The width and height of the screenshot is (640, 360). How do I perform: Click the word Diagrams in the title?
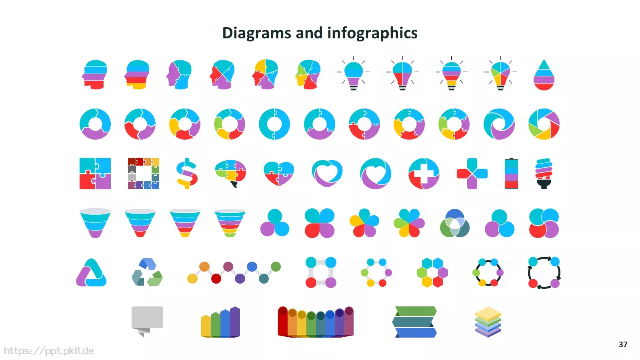[256, 33]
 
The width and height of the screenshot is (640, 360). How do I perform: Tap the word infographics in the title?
[372, 33]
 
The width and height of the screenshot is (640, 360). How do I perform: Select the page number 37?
[623, 344]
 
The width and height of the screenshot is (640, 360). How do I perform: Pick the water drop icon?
[544, 75]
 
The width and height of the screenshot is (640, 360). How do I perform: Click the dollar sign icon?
[186, 174]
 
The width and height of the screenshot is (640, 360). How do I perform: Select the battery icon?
[511, 174]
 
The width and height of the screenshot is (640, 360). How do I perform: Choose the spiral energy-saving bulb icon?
[544, 174]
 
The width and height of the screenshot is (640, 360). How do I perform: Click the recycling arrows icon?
[147, 272]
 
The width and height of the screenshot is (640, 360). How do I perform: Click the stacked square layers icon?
[488, 322]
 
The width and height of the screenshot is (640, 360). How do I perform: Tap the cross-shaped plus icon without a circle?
[472, 174]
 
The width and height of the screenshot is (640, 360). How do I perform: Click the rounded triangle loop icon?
[91, 272]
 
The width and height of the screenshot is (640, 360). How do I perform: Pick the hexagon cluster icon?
[432, 272]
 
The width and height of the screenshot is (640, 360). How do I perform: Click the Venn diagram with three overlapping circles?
[454, 223]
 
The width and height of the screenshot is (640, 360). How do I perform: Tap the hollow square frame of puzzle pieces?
[144, 174]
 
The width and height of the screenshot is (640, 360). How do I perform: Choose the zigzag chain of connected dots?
[234, 272]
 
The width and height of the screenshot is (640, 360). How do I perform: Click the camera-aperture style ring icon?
[544, 124]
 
